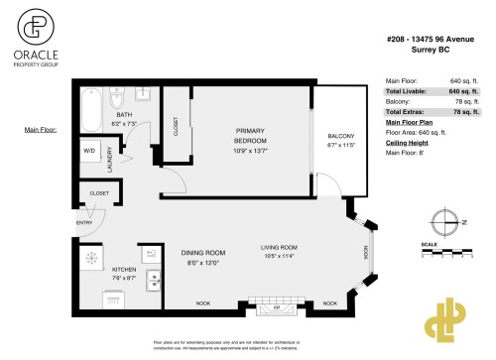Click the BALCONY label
[x=327, y=136]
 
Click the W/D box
[x=89, y=152]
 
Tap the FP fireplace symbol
[x=277, y=307]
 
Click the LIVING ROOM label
[x=281, y=248]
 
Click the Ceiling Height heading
[x=406, y=142]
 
